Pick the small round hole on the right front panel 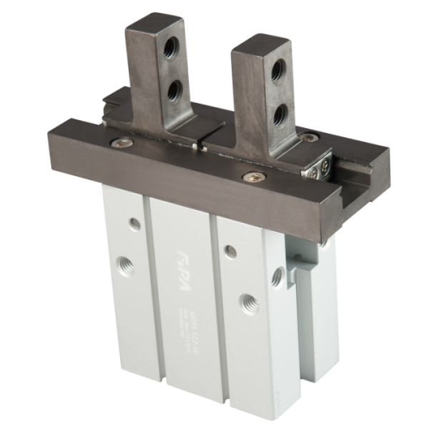[230, 250]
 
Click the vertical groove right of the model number [212, 300]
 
